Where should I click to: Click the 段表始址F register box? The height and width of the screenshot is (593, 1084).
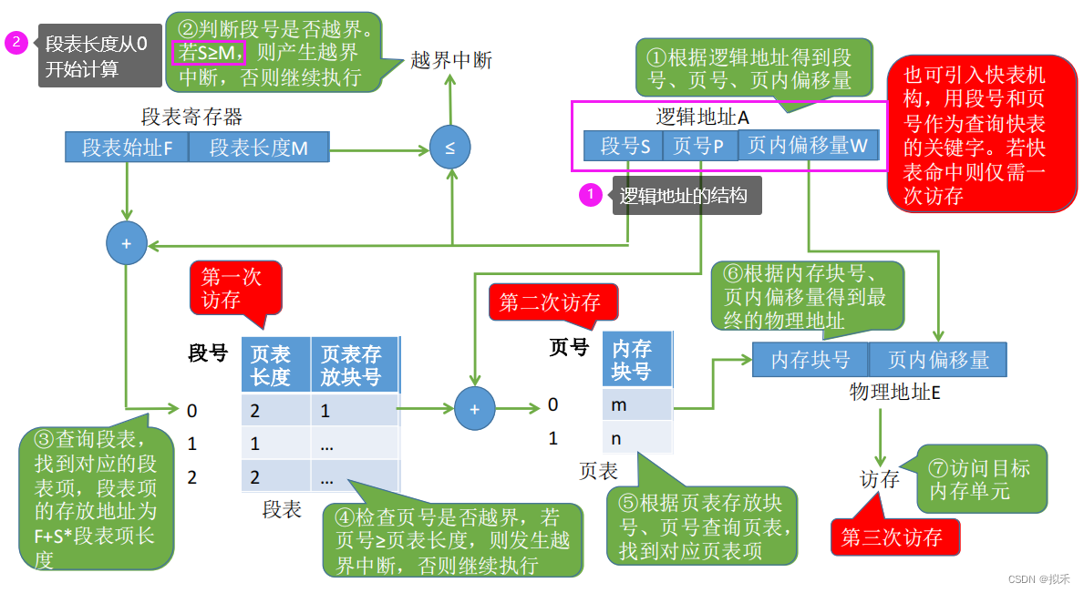(x=127, y=148)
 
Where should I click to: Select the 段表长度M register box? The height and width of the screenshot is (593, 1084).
(x=259, y=148)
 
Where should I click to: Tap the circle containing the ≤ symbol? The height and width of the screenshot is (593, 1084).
(x=450, y=148)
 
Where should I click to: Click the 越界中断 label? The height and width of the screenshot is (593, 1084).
(x=451, y=61)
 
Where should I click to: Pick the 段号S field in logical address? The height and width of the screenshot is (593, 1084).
(x=624, y=147)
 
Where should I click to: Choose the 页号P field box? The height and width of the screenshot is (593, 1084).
(x=699, y=147)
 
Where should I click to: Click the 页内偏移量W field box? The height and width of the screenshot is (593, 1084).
(x=808, y=147)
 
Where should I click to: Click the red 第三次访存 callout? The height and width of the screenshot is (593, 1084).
(x=894, y=537)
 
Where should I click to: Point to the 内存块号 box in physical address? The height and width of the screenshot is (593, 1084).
(x=810, y=360)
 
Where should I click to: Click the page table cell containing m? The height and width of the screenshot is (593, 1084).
(x=636, y=404)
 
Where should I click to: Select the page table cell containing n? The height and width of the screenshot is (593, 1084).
(x=636, y=438)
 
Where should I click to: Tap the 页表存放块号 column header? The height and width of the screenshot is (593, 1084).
(x=355, y=364)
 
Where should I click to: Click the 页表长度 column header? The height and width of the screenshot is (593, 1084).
(x=275, y=364)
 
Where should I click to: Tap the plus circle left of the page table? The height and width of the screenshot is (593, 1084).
(x=474, y=410)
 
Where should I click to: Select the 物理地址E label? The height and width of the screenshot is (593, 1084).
(x=882, y=393)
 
